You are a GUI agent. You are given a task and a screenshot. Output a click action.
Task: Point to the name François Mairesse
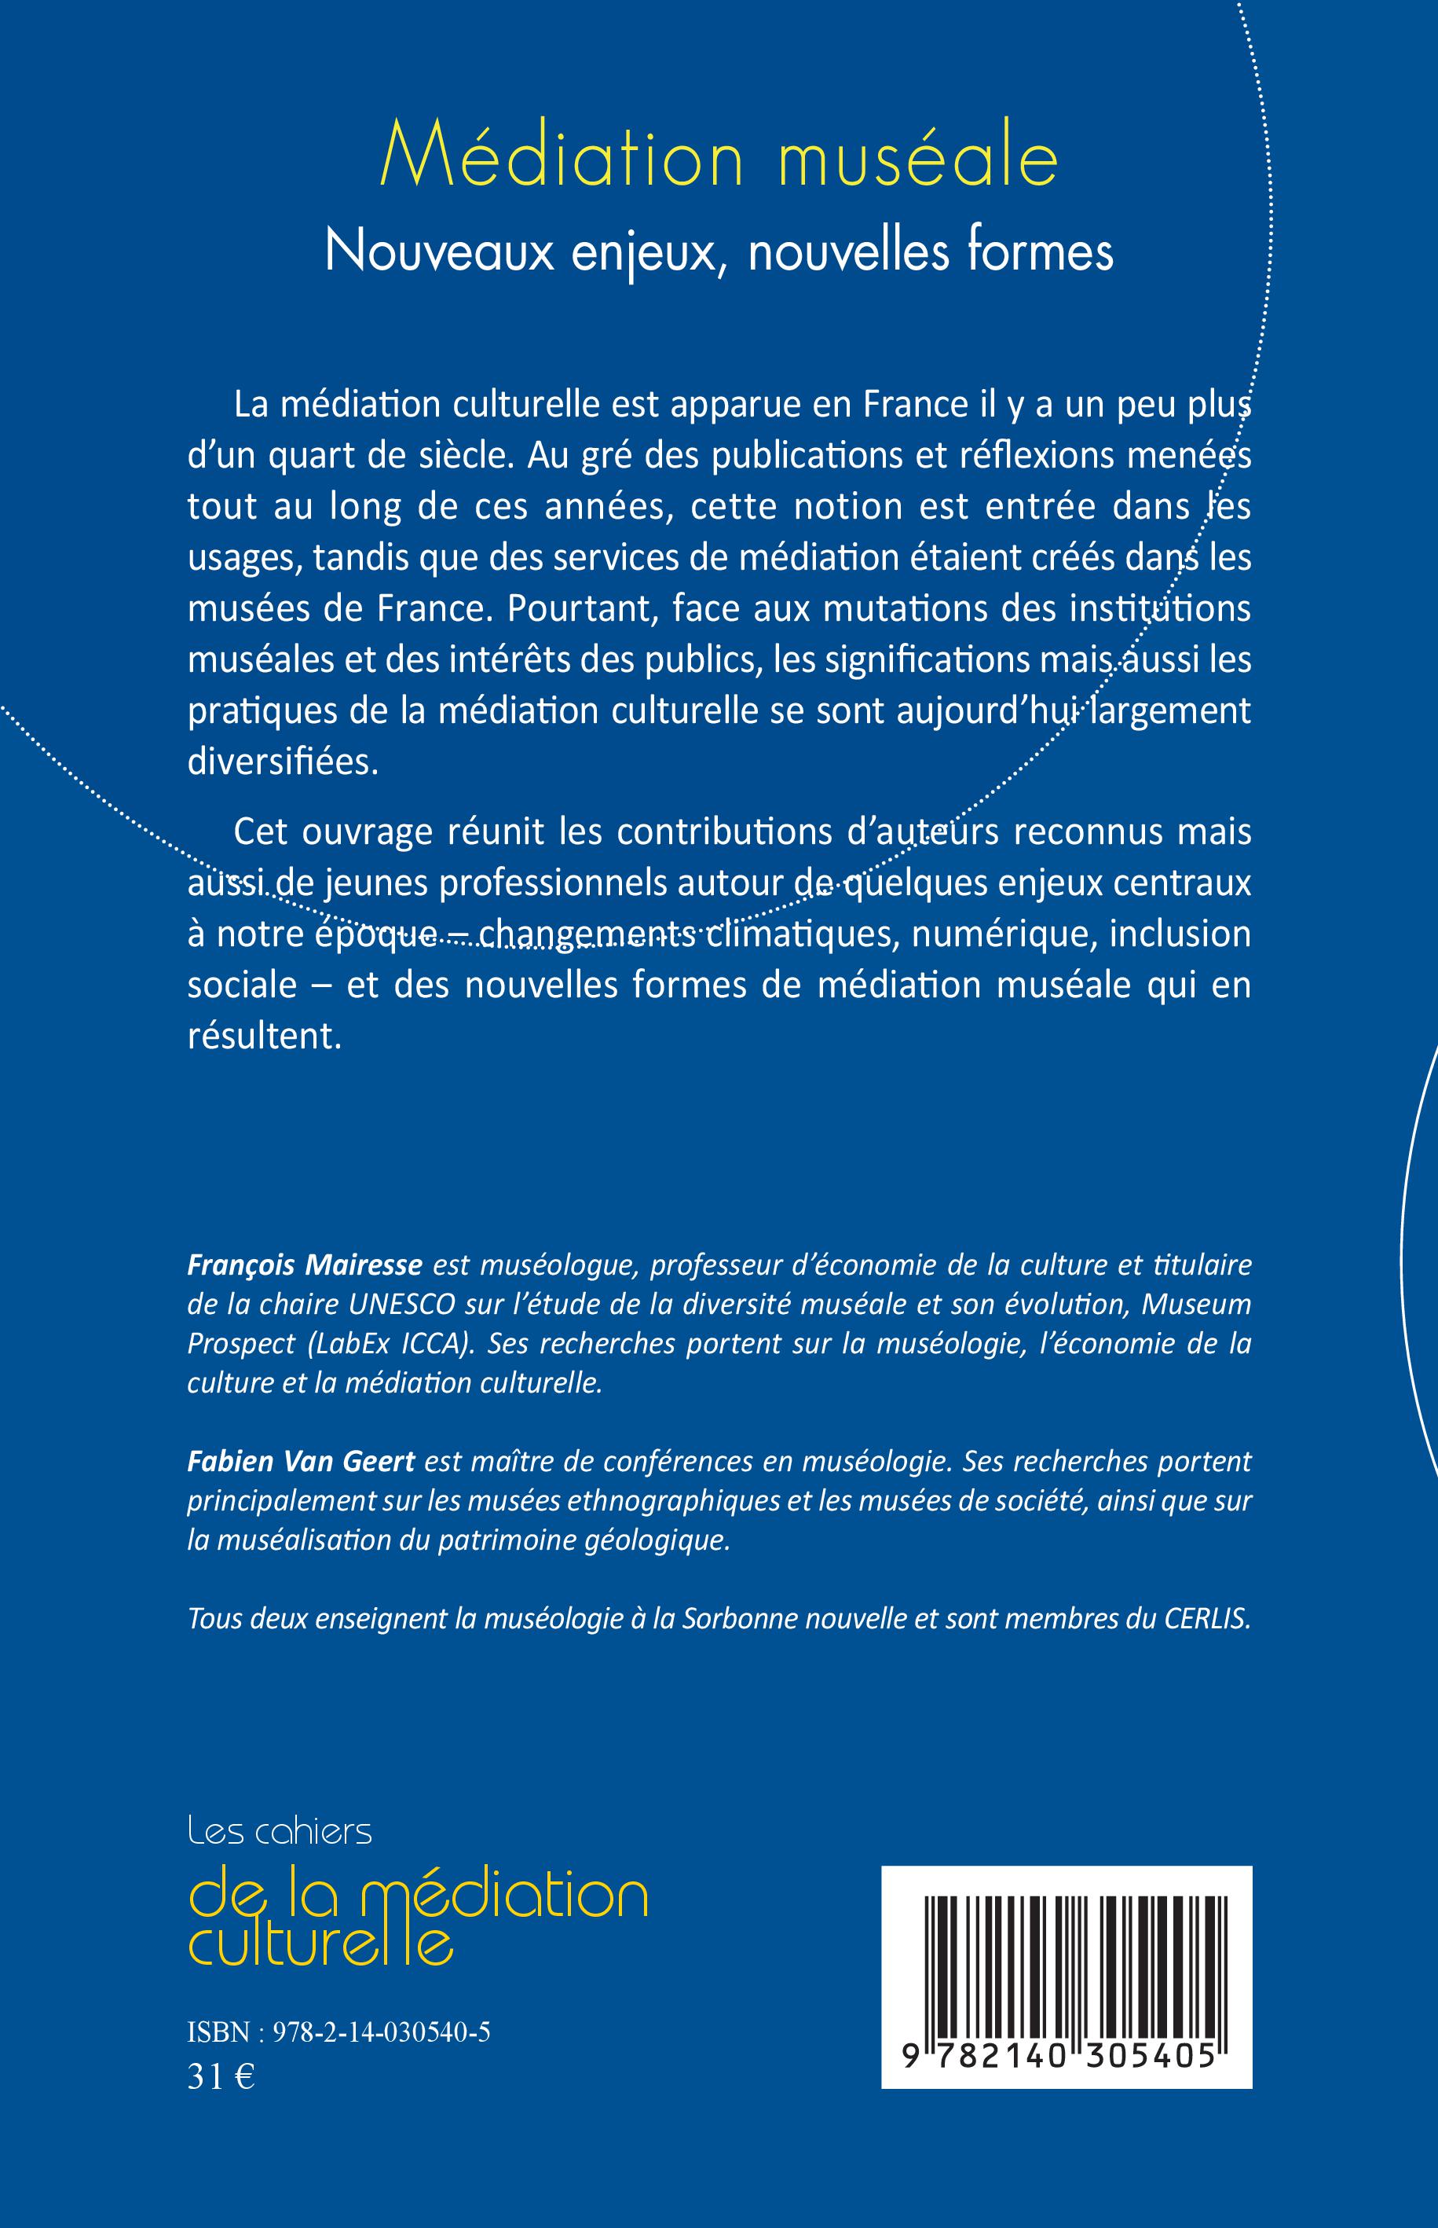coord(306,1264)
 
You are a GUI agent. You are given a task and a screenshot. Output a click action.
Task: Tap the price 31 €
coord(221,2076)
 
